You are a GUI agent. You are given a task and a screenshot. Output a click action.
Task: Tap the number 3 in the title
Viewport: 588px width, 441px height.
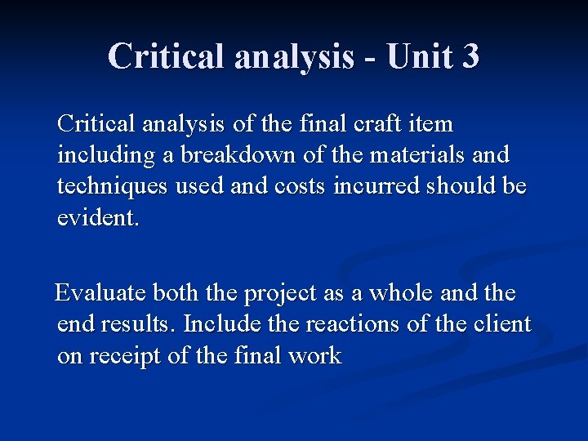pos(470,56)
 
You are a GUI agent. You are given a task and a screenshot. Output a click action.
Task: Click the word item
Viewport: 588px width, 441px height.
pos(430,125)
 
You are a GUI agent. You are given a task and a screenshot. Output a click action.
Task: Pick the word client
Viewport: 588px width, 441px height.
pos(502,324)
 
